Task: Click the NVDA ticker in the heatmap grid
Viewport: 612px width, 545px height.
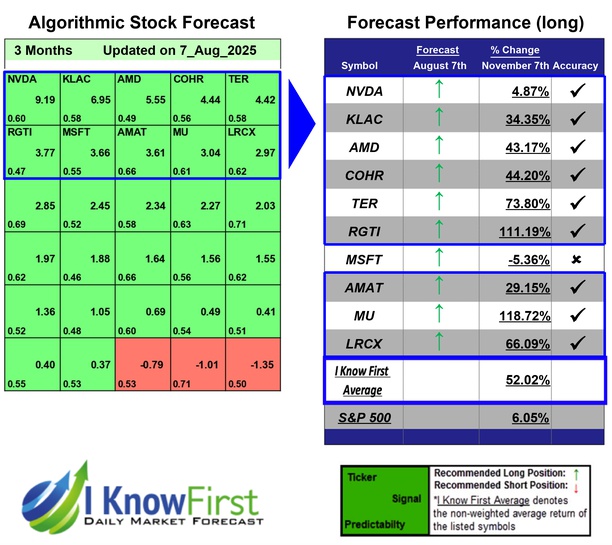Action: [22, 78]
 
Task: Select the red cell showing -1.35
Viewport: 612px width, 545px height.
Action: [262, 351]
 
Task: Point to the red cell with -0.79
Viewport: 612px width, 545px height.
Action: [152, 351]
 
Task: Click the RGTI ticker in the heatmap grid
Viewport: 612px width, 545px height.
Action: [22, 133]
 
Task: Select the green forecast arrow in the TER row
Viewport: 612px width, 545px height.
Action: [438, 203]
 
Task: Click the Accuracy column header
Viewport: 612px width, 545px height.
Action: [576, 66]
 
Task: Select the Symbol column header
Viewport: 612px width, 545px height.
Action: [360, 66]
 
